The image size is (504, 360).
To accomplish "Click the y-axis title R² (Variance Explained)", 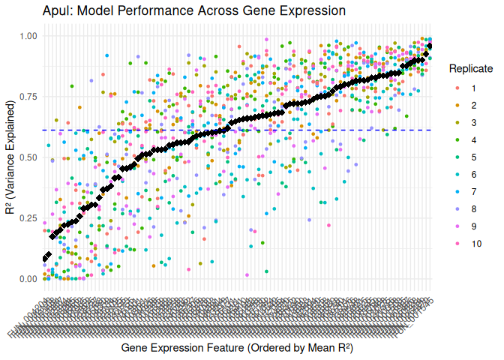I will click(10, 157).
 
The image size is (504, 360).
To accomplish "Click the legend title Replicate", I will click(470, 69).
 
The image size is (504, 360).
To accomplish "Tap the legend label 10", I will click(476, 244).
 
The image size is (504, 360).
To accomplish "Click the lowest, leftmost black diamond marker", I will click(45, 259).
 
